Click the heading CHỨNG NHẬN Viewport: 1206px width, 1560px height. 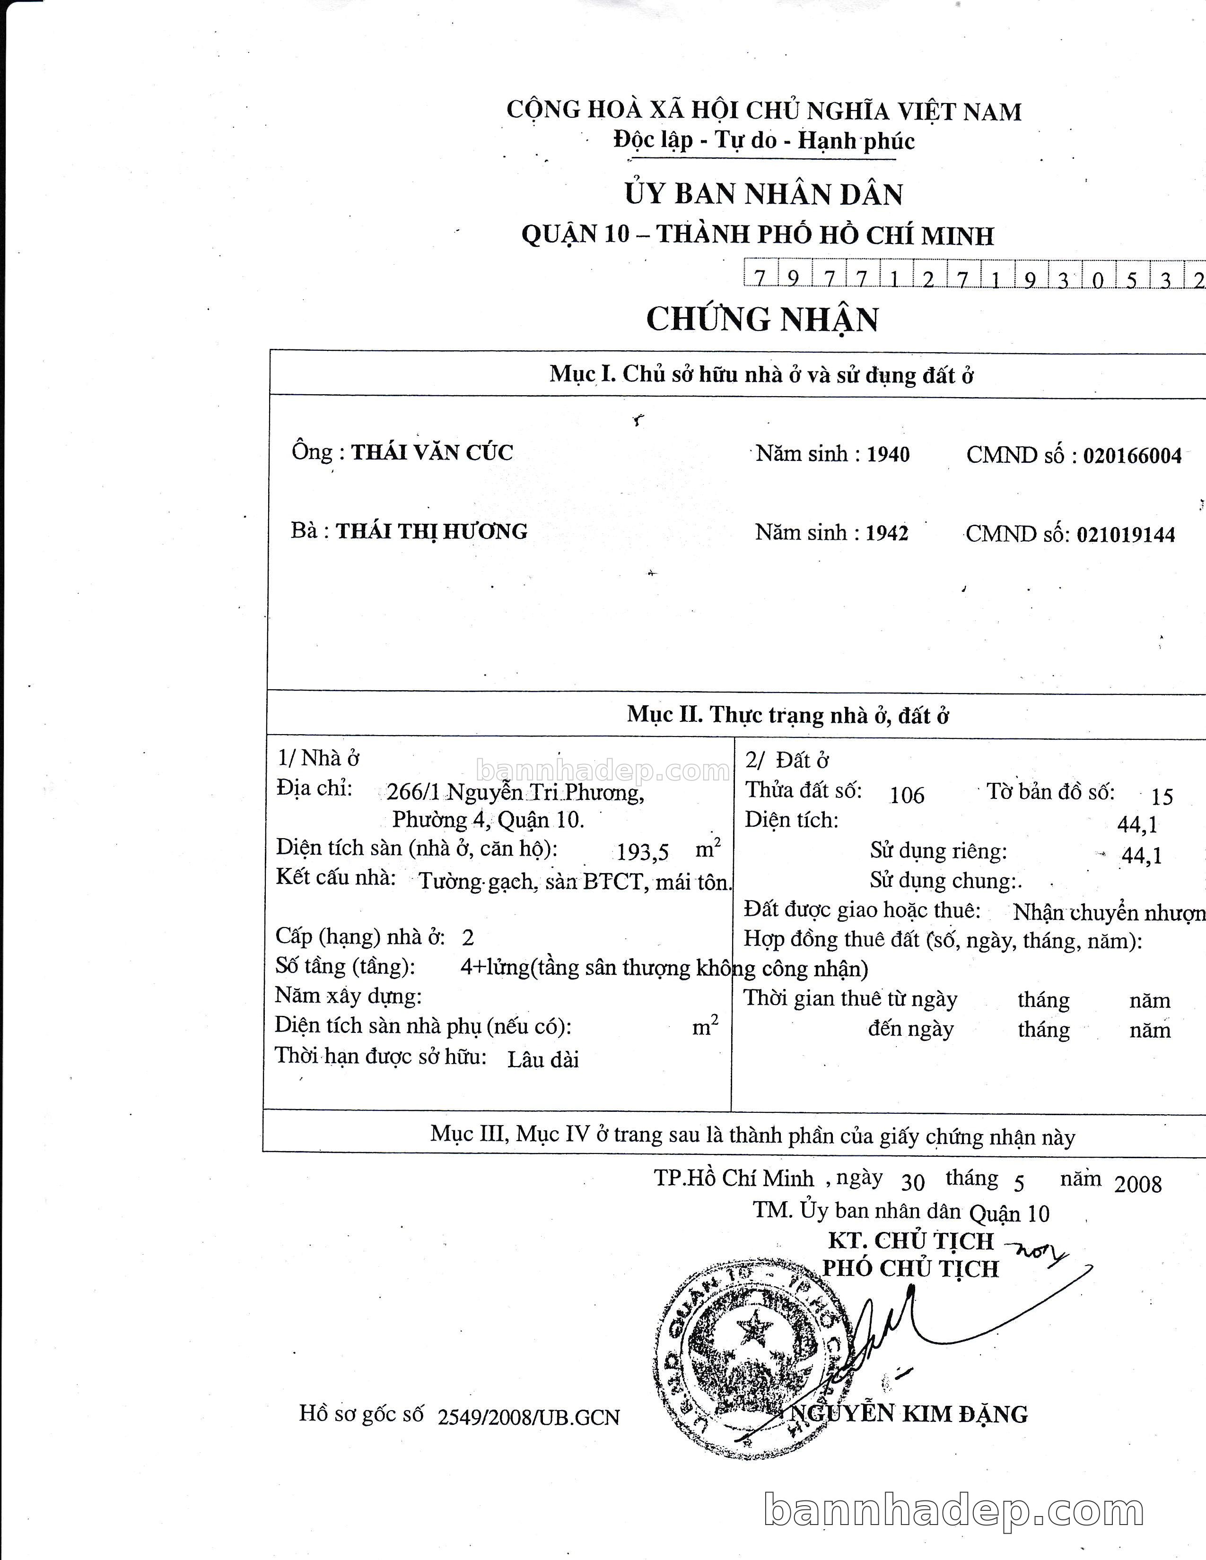click(762, 319)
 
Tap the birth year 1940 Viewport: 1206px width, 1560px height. click(888, 454)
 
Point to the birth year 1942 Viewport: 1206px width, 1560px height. click(887, 533)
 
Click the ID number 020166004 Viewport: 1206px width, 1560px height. click(1132, 456)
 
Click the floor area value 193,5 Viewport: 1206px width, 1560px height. click(643, 852)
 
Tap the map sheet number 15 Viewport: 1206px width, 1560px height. click(1162, 797)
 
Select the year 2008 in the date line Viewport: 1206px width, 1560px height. click(1138, 1184)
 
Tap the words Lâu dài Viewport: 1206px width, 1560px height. click(543, 1059)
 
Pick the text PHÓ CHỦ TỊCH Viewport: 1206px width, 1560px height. click(910, 1269)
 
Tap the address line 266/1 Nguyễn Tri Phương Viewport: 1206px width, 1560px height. click(515, 792)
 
